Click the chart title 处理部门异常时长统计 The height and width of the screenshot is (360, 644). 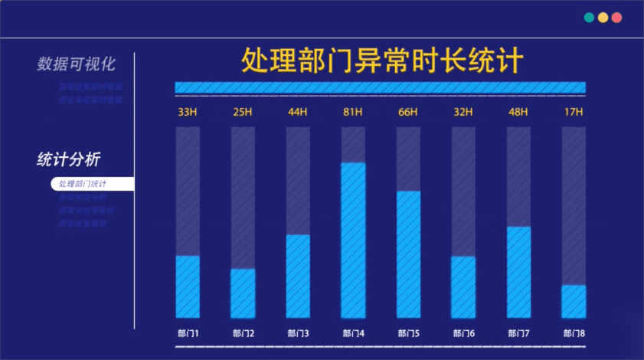point(382,60)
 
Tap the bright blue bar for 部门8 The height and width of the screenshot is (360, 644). point(574,301)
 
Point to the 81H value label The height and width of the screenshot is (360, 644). point(353,113)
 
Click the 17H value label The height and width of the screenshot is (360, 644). point(574,113)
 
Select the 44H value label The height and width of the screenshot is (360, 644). point(298,113)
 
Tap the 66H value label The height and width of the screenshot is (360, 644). point(408,113)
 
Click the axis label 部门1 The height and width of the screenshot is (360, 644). point(188,334)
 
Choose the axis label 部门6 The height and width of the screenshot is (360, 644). point(463,334)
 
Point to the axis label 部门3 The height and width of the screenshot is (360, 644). point(298,334)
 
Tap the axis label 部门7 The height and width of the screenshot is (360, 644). point(518,334)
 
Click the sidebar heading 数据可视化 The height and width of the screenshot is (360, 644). point(76,64)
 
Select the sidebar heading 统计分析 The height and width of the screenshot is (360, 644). point(69,159)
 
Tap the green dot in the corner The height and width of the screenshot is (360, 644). point(589,17)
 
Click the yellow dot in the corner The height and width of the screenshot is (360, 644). point(603,17)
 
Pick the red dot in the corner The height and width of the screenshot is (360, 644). point(616,17)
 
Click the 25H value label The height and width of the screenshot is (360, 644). point(243,113)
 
